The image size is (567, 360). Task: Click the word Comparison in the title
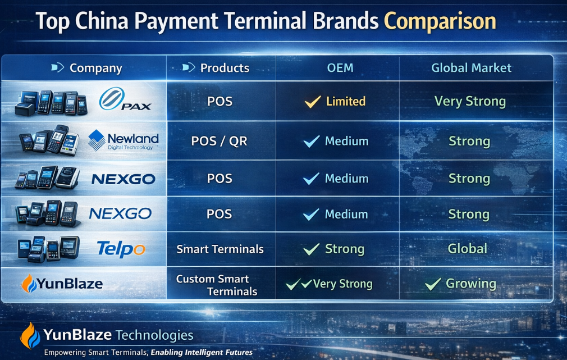[440, 21]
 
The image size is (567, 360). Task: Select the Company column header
[95, 69]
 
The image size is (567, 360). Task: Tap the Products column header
[225, 68]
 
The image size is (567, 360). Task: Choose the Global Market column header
[471, 68]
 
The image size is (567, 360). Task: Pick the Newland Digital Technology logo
[124, 140]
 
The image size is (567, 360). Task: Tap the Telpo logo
[121, 248]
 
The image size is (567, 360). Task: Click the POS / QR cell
[220, 141]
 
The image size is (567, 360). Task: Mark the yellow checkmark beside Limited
[312, 102]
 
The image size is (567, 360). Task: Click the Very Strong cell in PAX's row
[470, 102]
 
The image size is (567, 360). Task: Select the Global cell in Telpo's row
[468, 248]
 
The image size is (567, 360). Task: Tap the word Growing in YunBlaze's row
[470, 284]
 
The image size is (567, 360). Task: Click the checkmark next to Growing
[432, 284]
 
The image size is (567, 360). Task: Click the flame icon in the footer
[30, 335]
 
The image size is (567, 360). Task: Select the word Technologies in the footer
[154, 336]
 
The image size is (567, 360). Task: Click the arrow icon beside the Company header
[57, 68]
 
